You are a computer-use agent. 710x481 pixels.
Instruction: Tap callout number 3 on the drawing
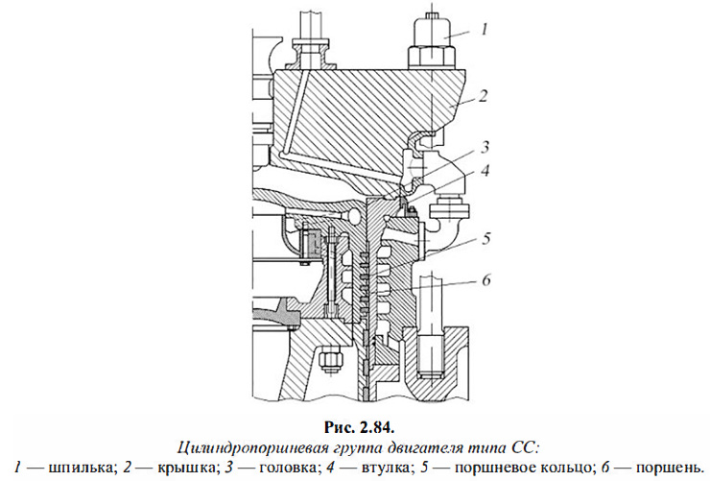(486, 147)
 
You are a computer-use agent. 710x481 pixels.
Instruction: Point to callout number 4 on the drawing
(486, 172)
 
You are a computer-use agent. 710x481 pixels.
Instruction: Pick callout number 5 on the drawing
(486, 235)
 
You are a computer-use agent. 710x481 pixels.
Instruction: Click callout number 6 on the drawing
(486, 279)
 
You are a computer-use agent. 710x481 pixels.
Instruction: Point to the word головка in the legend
(282, 465)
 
